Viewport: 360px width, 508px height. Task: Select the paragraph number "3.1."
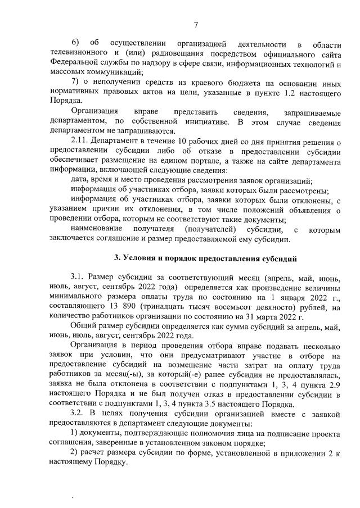(x=78, y=278)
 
